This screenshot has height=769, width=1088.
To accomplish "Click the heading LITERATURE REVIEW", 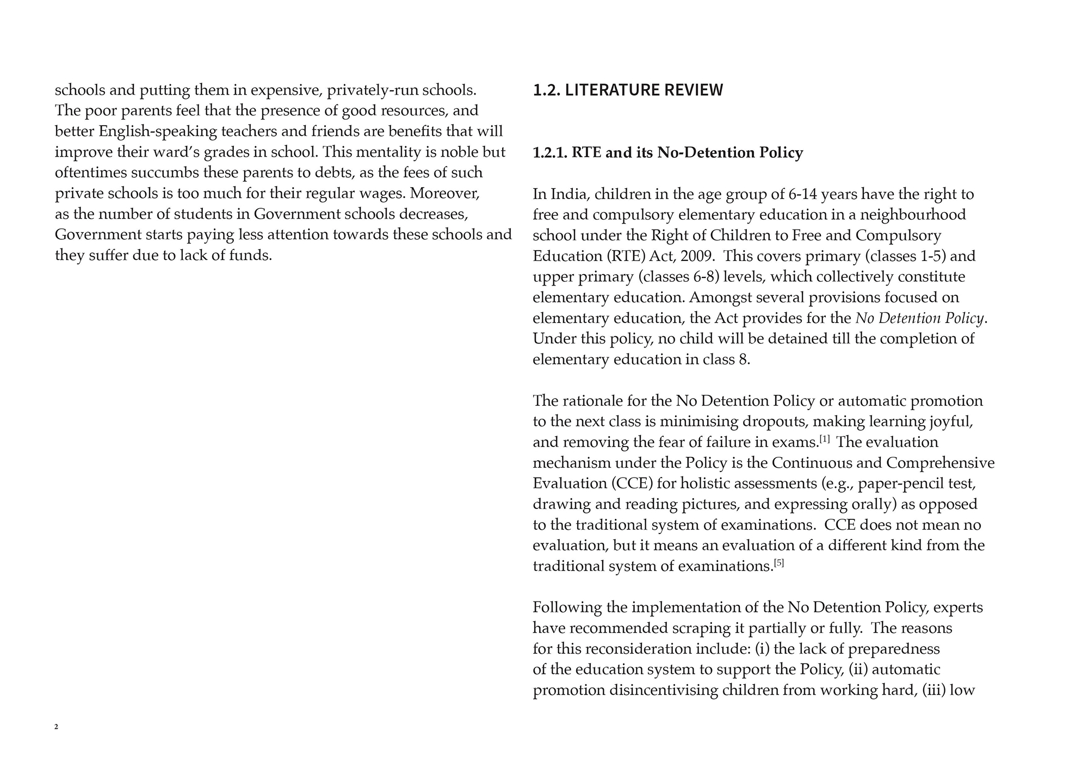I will coord(644,90).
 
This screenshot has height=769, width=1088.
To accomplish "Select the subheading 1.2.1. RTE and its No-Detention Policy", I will coord(667,153).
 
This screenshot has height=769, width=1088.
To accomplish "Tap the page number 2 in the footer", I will coord(57,727).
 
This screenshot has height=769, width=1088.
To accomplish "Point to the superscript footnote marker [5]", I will coord(779,563).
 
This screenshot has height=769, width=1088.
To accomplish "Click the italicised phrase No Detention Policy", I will coord(920,318).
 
